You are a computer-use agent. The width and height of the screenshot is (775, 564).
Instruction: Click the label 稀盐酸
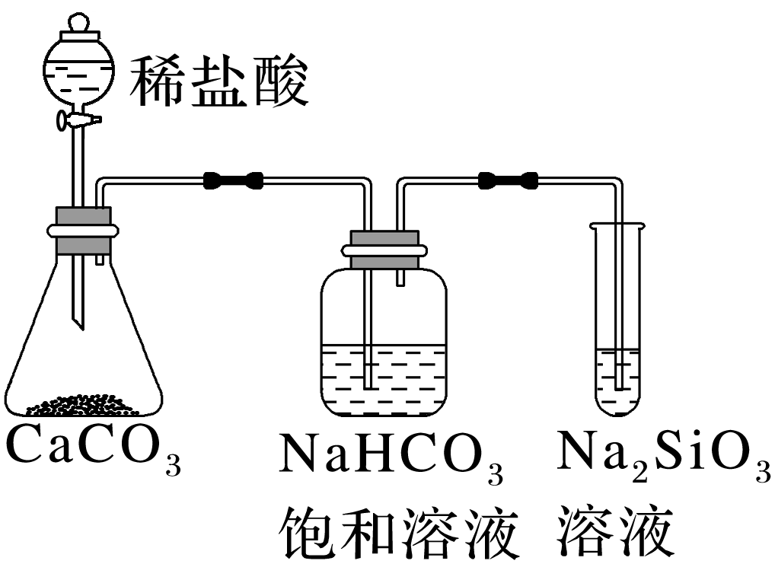(x=219, y=81)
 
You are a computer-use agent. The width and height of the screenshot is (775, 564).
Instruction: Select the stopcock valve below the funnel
(x=78, y=119)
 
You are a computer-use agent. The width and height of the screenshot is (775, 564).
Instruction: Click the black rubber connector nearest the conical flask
(x=234, y=180)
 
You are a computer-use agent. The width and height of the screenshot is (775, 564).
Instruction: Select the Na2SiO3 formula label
(x=662, y=455)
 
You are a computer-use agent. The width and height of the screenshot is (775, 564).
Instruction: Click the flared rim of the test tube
(x=617, y=225)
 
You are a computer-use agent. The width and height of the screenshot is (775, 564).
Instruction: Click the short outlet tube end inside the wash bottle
(x=400, y=279)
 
